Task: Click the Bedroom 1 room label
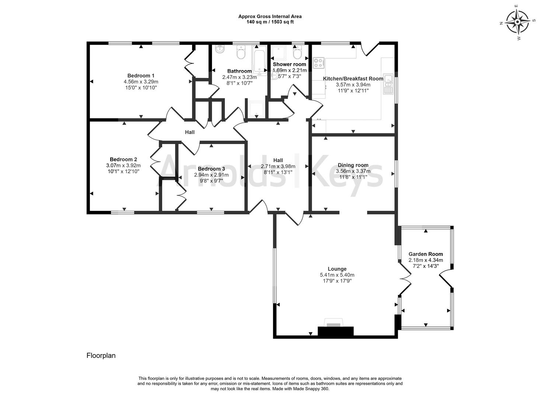[x=141, y=76]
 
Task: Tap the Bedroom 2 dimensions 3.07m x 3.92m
[x=123, y=165]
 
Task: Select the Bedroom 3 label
[x=211, y=169]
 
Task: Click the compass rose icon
[x=518, y=22]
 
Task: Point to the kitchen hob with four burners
[x=318, y=63]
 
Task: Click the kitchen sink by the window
[x=388, y=84]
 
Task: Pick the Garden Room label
[x=425, y=254]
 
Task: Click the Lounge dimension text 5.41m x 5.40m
[x=337, y=275]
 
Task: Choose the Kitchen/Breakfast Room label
[x=353, y=78]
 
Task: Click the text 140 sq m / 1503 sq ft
[x=270, y=22]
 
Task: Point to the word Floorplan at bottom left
[x=101, y=356]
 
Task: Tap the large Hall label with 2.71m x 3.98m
[x=278, y=160]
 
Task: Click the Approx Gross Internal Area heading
[x=270, y=16]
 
